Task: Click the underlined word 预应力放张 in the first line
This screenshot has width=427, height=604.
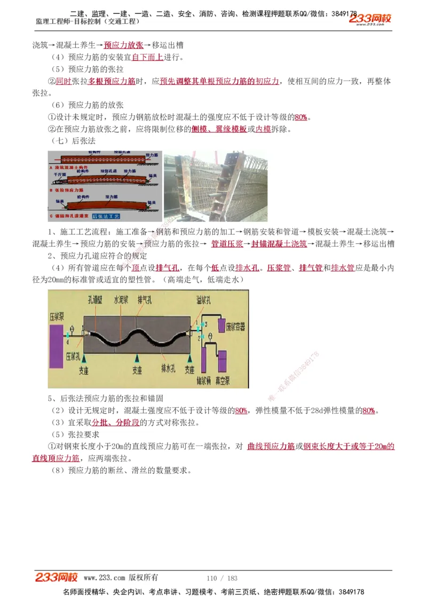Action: coord(123,45)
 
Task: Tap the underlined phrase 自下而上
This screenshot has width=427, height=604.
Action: coord(147,57)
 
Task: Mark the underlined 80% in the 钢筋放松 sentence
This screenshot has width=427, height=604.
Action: coord(301,117)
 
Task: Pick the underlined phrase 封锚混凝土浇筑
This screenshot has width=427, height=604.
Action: coord(279,244)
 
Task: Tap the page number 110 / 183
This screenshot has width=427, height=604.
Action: coord(222,578)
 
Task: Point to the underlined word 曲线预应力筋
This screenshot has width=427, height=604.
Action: coord(271,446)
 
